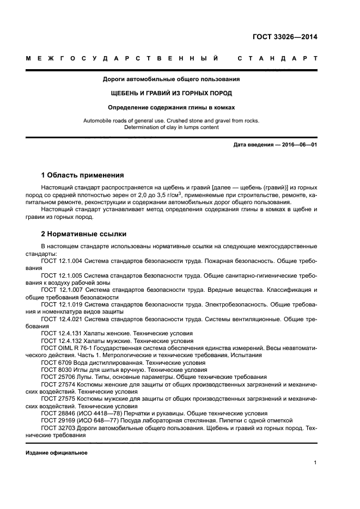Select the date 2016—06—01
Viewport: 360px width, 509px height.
pyautogui.click(x=298, y=145)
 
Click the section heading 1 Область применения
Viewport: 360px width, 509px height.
pyautogui.click(x=82, y=175)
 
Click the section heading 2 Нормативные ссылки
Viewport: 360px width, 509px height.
pyautogui.click(x=84, y=234)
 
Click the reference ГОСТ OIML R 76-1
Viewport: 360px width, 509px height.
pyautogui.click(x=69, y=347)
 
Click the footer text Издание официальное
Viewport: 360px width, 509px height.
pyautogui.click(x=56, y=453)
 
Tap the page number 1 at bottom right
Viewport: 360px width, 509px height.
pyautogui.click(x=315, y=463)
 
